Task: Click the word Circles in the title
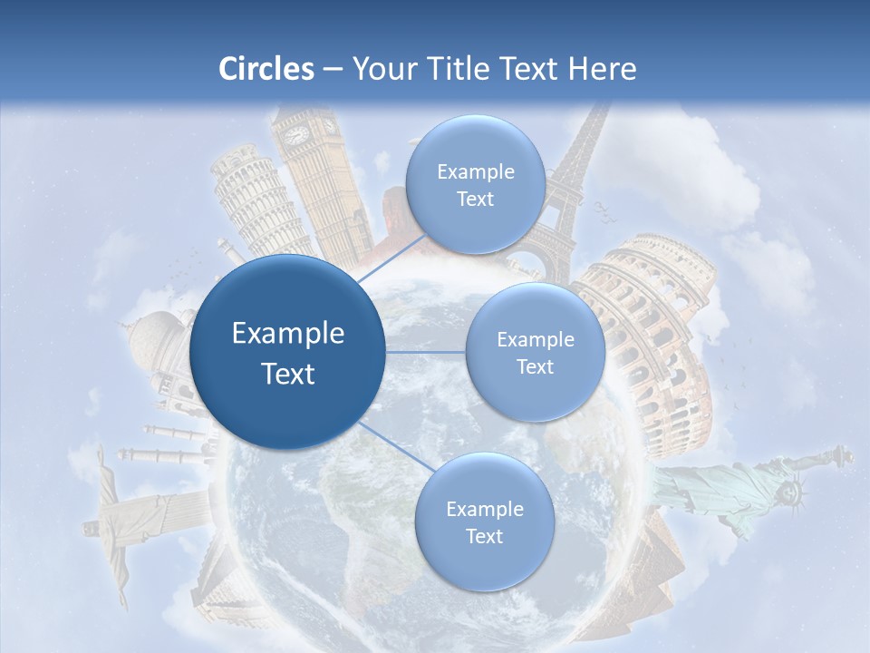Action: (266, 69)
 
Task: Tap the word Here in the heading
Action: (602, 69)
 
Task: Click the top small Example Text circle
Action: (475, 185)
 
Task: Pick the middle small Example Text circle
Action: (535, 353)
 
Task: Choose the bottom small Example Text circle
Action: (484, 522)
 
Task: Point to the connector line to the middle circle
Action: (426, 352)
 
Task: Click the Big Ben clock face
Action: (297, 135)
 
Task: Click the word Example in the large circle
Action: (287, 334)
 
